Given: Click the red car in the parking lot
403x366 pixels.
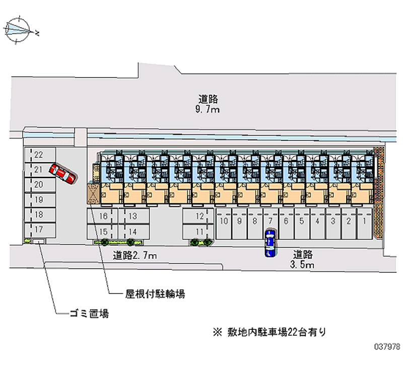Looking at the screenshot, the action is tap(62, 174).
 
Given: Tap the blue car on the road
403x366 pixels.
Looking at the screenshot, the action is tap(271, 243).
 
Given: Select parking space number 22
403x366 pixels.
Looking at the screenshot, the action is tap(38, 155).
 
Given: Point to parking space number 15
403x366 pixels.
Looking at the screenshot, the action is tap(103, 232).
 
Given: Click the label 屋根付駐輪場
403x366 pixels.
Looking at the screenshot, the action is tap(155, 294).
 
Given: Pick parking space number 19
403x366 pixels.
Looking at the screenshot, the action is tap(38, 200).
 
